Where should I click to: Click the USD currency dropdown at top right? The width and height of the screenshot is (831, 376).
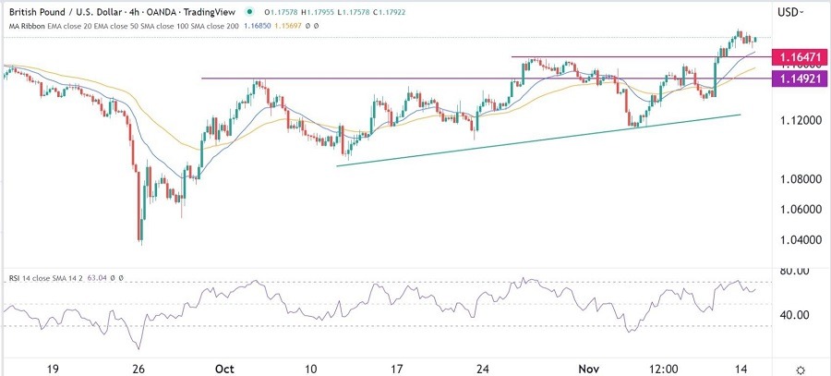(790, 12)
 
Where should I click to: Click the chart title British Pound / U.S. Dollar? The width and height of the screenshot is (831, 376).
(62, 12)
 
